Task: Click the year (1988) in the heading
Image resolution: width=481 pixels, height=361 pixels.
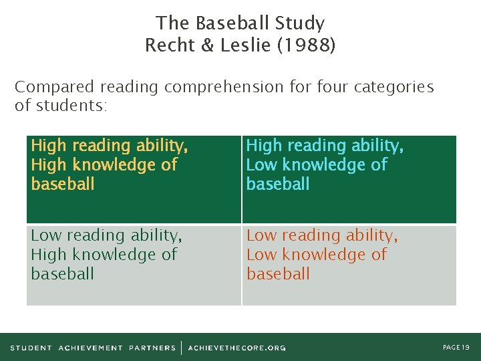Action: pos(309,45)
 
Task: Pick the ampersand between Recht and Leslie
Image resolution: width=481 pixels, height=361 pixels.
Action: pos(208,45)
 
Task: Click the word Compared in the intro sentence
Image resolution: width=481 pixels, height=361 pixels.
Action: pos(55,87)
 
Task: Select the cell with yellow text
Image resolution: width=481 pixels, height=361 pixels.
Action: pos(134,179)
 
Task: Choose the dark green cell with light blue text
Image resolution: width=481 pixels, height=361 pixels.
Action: pos(349,179)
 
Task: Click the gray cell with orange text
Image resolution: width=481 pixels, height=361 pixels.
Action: pos(349,265)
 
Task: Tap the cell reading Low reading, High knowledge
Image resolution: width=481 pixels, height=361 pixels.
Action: pos(134,265)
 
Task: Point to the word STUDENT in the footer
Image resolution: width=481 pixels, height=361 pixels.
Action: pos(31,348)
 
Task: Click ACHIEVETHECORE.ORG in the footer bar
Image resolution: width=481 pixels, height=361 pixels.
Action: pos(236,348)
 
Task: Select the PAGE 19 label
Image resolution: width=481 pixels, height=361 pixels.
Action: pos(456,347)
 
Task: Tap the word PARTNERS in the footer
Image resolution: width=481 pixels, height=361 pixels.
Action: pos(152,348)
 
